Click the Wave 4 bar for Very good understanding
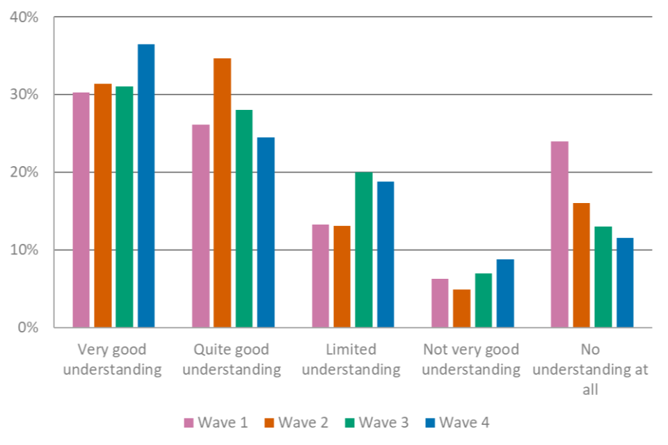(x=146, y=186)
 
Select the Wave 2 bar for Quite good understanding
(x=222, y=193)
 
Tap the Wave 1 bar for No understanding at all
(x=559, y=234)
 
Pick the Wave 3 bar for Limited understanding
(x=363, y=250)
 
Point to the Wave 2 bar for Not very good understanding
(x=461, y=308)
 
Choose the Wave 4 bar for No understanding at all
(x=625, y=282)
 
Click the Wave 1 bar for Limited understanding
(x=321, y=275)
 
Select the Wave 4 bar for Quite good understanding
(x=266, y=232)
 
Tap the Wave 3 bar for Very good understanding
(x=124, y=207)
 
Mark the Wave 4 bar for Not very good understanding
(x=505, y=293)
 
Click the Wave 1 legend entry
(x=216, y=422)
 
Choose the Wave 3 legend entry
(x=376, y=422)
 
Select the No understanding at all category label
(x=591, y=369)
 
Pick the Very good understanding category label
(x=112, y=359)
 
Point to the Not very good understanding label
(x=471, y=359)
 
